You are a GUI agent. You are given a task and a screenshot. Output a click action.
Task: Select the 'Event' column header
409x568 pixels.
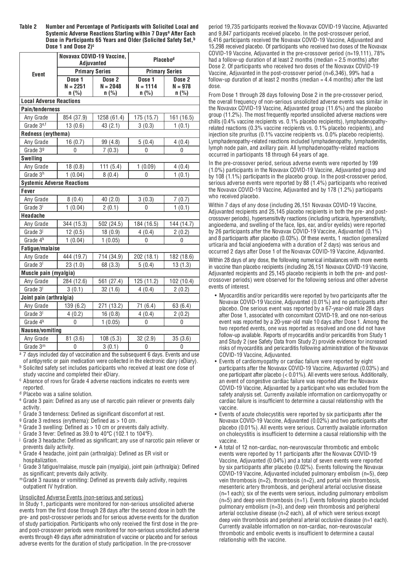coord(38,74)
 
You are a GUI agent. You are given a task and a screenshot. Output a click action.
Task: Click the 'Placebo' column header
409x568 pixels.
coord(164,60)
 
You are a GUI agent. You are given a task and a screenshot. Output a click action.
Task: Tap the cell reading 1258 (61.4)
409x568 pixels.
coord(111,117)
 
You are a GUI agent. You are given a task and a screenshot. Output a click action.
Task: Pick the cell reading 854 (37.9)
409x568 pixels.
coord(75,117)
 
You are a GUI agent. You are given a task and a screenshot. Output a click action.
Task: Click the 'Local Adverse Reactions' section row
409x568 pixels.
coord(51,101)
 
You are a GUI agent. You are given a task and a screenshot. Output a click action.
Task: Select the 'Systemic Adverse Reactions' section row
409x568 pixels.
coord(55,183)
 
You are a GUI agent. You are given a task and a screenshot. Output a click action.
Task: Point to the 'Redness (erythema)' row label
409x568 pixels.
coord(45,134)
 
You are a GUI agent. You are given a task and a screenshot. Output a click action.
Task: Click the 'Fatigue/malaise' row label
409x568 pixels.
coord(41,248)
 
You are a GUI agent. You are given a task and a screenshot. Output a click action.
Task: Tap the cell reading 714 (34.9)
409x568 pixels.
coord(111,257)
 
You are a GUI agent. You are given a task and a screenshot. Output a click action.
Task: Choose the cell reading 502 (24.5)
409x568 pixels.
coord(111,224)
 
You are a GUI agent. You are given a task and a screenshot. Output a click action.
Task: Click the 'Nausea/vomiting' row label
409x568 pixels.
coord(41,330)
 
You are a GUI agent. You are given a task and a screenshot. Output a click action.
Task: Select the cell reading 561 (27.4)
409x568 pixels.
coord(111,281)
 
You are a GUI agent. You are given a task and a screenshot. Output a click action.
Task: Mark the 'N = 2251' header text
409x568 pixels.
coord(75,86)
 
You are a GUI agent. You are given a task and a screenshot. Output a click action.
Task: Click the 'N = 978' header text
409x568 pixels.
coord(182,86)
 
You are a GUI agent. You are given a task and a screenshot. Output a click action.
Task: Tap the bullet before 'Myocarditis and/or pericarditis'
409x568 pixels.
coord(216,295)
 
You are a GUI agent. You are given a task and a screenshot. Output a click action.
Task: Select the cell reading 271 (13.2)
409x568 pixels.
coord(111,306)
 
